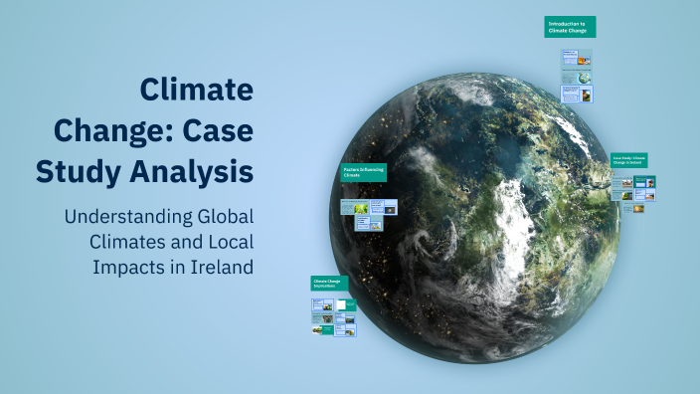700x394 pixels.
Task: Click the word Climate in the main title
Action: [x=196, y=91]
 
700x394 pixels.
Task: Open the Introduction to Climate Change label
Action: [x=570, y=27]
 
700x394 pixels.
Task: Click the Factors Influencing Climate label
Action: [x=362, y=172]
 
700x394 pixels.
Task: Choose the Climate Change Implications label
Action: [x=330, y=284]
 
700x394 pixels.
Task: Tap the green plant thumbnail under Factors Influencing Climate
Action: [x=363, y=207]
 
